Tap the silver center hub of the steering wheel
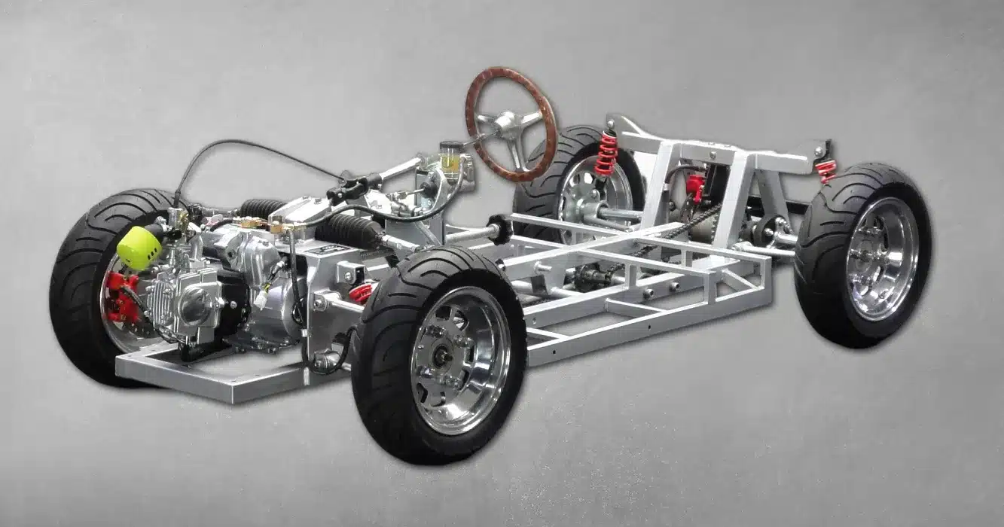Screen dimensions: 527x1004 pos(503,121)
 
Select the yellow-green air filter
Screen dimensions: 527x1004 pos(139,246)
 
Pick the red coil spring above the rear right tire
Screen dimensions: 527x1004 pos(826,171)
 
